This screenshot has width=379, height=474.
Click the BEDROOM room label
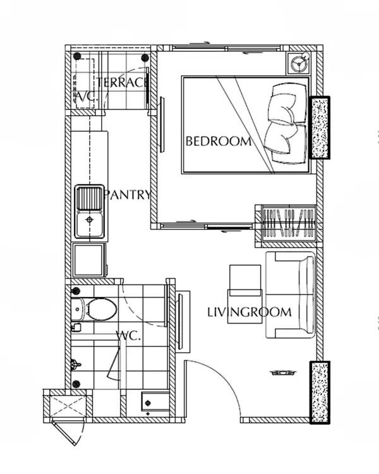219,142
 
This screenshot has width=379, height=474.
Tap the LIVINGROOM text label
250,312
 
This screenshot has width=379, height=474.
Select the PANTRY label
127,195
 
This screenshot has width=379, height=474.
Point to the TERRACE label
123,83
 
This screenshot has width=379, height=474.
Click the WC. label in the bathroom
129,335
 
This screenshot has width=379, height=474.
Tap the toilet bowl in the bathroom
101,309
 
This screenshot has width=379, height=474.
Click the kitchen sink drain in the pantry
90,220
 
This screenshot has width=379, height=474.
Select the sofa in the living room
290,295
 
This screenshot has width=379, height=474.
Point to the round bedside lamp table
298,63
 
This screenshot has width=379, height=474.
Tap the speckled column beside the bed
320,128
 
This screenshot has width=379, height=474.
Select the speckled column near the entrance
320,392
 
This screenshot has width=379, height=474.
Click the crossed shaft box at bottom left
68,406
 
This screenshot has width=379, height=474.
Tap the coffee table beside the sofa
246,294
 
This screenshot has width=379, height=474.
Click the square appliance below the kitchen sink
90,260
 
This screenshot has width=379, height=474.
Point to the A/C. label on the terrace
86,97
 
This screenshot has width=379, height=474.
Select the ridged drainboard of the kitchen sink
90,198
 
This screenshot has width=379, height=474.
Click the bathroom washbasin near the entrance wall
155,402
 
